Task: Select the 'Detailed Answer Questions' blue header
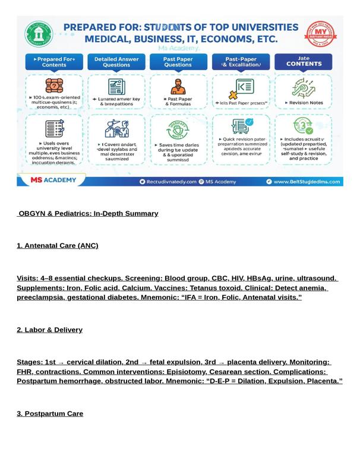pos(116,62)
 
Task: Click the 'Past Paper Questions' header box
pos(178,62)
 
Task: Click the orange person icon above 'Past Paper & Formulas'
pos(178,87)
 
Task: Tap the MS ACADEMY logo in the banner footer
pos(50,180)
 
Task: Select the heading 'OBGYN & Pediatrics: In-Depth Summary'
pos(88,214)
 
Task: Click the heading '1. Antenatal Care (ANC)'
pos(58,246)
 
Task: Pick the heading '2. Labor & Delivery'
pos(50,330)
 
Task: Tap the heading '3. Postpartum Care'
pos(50,414)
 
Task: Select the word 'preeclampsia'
pos(39,297)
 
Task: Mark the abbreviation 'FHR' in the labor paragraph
pos(26,372)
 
